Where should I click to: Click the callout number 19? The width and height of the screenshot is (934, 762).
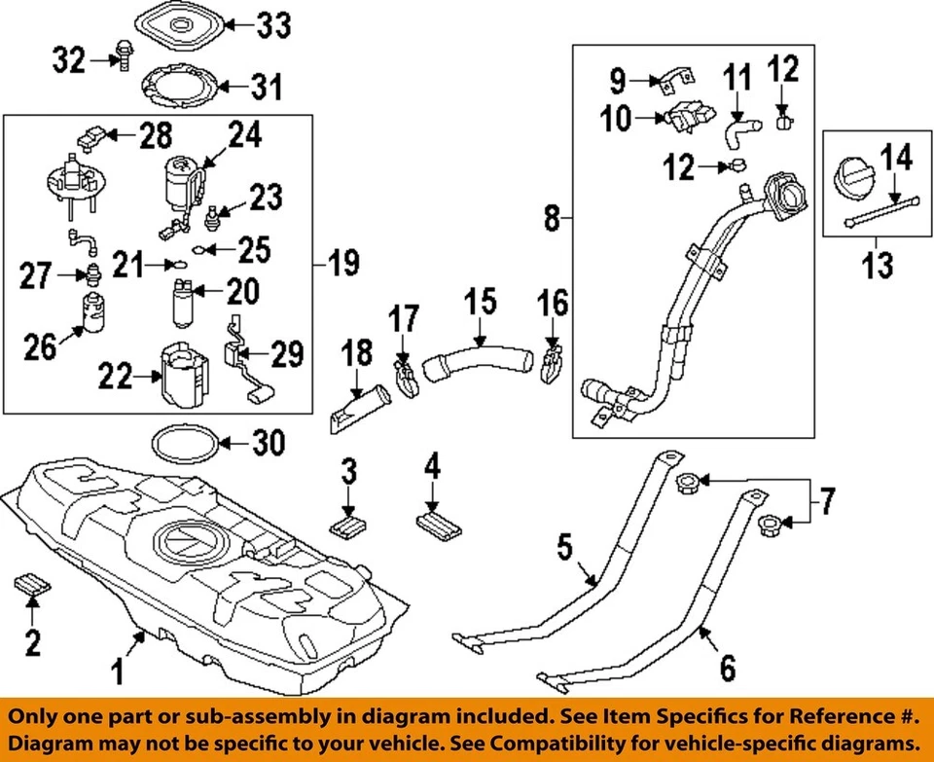[341, 262]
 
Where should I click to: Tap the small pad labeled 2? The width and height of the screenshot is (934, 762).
[31, 586]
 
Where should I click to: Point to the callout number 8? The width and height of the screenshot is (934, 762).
[553, 220]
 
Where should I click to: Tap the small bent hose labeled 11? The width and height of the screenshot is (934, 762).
[736, 129]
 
